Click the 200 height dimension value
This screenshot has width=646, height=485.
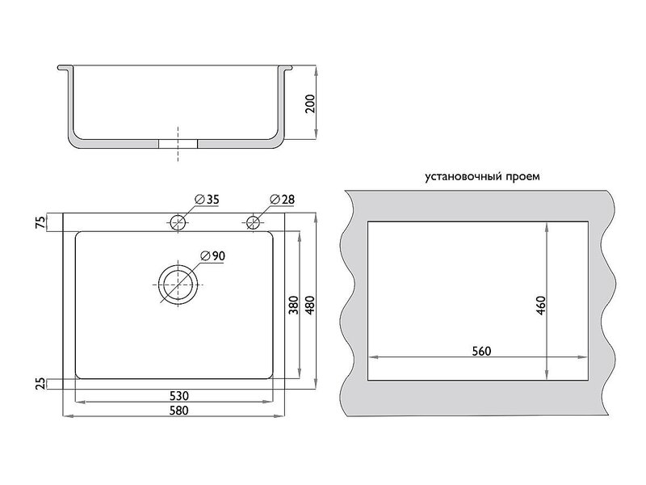(310, 103)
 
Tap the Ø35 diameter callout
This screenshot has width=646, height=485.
(207, 200)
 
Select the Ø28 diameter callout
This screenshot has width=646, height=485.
(282, 200)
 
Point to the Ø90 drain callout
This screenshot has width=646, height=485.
(212, 256)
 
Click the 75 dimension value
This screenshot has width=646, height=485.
(41, 223)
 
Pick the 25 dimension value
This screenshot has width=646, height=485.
(41, 384)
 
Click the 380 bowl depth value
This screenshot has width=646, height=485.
(293, 305)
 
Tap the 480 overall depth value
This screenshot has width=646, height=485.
(310, 305)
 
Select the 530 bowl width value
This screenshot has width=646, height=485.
(178, 396)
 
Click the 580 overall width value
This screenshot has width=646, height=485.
(178, 411)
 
